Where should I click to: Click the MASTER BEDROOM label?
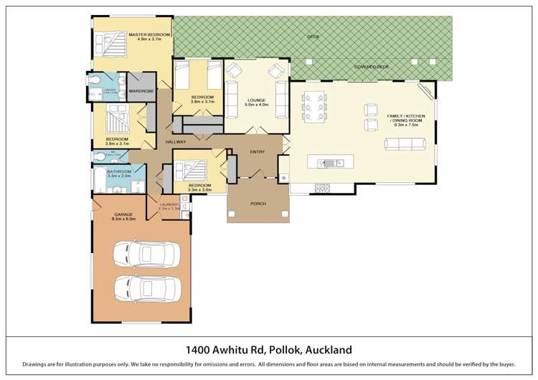[149, 34]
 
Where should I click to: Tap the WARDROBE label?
[141, 92]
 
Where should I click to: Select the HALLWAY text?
[176, 142]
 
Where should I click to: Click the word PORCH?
[258, 204]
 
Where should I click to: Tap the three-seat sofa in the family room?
[405, 144]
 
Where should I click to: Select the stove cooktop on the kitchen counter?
[321, 189]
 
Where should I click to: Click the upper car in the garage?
[147, 254]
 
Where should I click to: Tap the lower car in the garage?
[147, 289]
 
